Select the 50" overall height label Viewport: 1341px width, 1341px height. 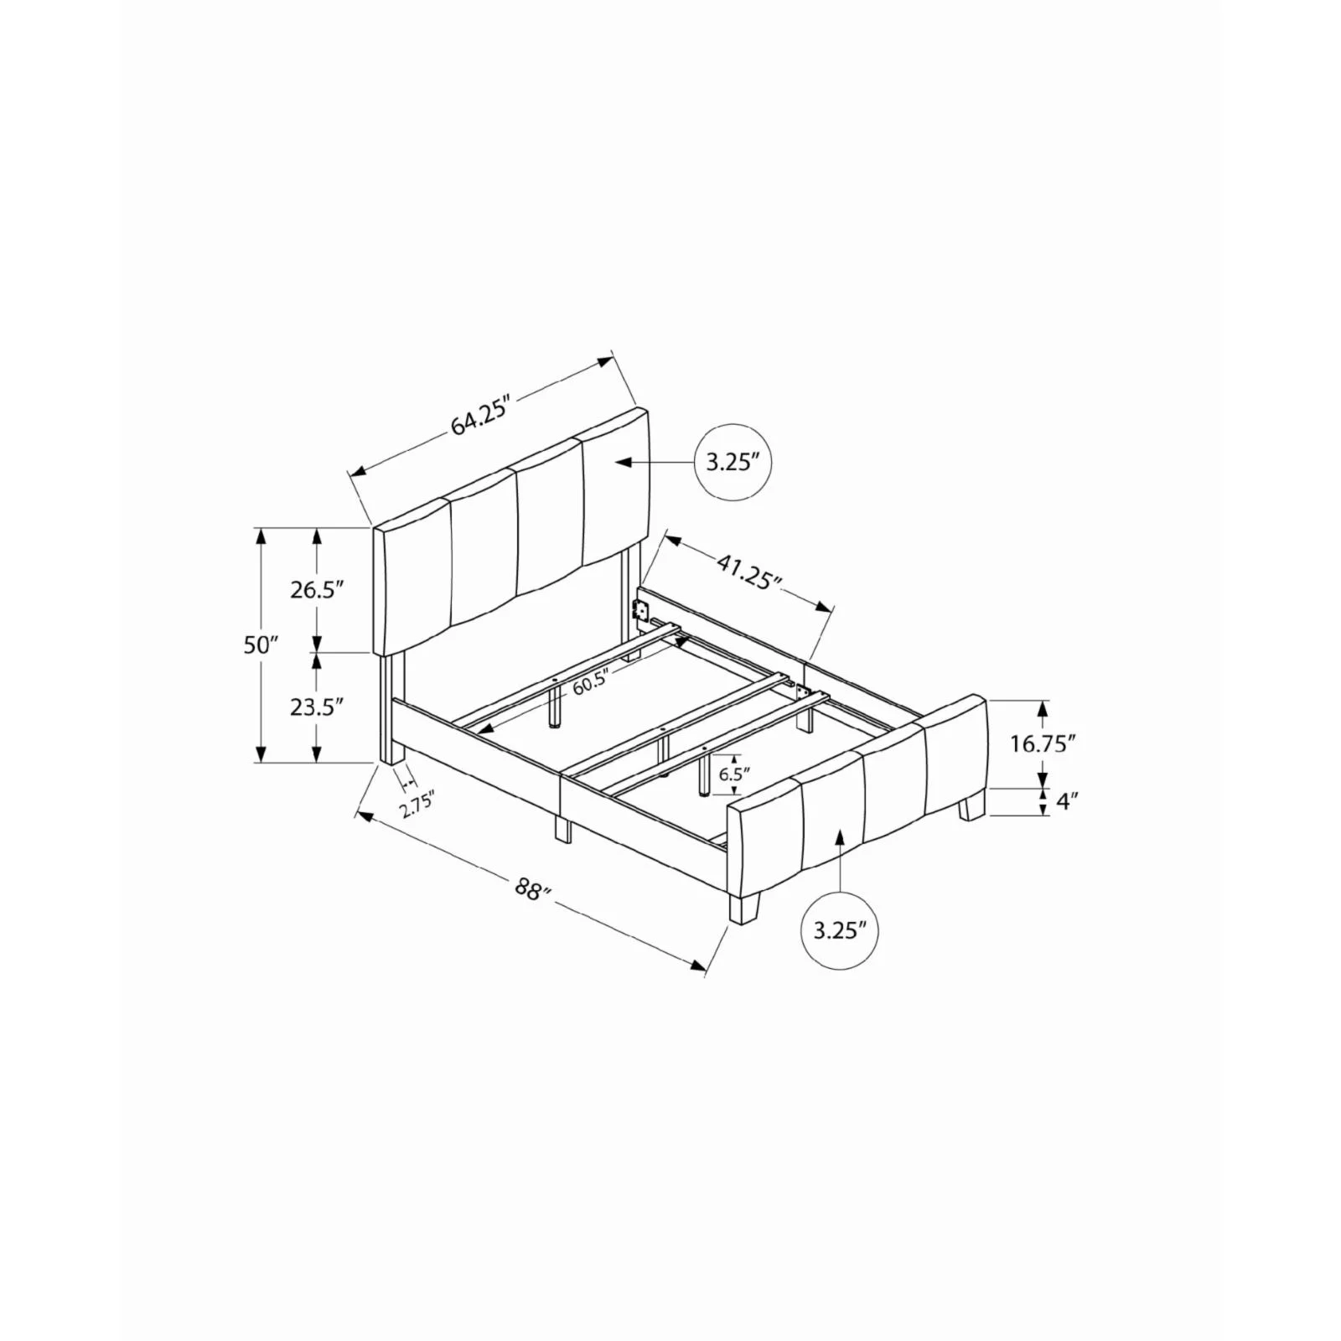[x=261, y=645]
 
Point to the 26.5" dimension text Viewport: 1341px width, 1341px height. [x=318, y=589]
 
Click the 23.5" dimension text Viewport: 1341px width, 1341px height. [x=318, y=707]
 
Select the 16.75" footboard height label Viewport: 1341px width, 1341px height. [x=1042, y=743]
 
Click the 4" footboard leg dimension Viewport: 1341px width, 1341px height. [x=1066, y=801]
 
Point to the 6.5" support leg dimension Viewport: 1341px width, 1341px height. [x=733, y=774]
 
